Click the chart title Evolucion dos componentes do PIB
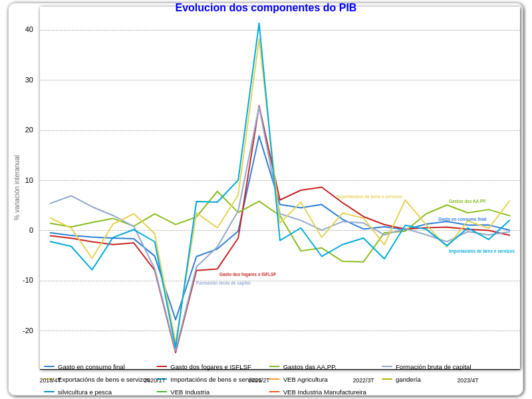[265, 8]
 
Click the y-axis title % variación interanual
[17, 188]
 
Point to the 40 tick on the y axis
[29, 29]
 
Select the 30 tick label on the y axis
[29, 80]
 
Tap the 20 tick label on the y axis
[29, 130]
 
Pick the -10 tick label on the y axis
[28, 280]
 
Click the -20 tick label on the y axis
[28, 331]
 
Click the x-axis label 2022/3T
[363, 380]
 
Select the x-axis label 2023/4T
[467, 380]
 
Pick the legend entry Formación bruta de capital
[433, 366]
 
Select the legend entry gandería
[408, 379]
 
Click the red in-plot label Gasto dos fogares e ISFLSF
[247, 274]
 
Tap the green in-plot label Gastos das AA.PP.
[467, 201]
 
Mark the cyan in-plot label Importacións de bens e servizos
[481, 251]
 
